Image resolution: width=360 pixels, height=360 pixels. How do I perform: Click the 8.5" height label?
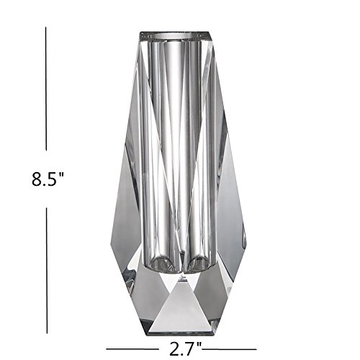pyautogui.click(x=48, y=179)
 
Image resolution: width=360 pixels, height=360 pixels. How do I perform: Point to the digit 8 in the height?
pyautogui.click(x=37, y=179)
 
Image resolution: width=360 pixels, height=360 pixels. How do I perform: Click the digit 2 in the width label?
pyautogui.click(x=174, y=348)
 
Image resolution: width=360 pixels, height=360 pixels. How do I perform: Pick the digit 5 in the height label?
pyautogui.click(x=52, y=179)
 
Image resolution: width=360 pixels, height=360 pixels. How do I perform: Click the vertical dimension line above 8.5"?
pyautogui.click(x=46, y=89)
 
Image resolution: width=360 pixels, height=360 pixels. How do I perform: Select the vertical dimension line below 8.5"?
pyautogui.click(x=47, y=271)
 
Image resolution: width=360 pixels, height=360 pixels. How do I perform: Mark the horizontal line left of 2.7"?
pyautogui.click(x=132, y=348)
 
